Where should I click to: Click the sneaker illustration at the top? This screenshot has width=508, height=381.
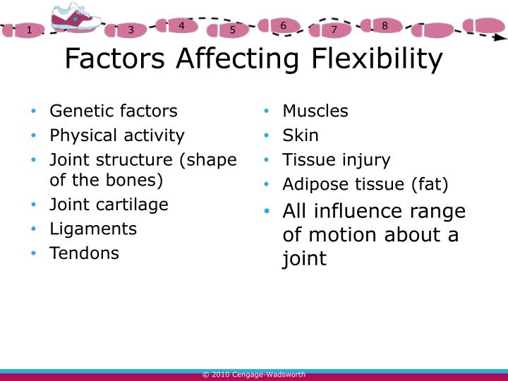click(x=75, y=18)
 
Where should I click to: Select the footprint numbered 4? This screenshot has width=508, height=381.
click(x=181, y=26)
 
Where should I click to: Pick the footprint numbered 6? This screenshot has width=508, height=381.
click(x=283, y=26)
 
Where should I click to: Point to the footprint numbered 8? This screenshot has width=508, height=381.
click(x=385, y=26)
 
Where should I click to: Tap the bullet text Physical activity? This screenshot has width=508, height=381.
click(x=116, y=135)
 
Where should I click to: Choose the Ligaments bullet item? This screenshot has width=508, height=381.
click(x=92, y=229)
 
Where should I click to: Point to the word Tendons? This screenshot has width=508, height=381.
click(x=84, y=253)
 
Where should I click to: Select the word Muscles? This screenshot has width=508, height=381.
click(x=315, y=111)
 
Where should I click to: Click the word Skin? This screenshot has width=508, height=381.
click(x=301, y=135)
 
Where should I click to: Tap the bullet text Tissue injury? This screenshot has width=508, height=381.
click(x=336, y=159)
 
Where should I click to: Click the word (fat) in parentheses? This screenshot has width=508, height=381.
click(x=428, y=184)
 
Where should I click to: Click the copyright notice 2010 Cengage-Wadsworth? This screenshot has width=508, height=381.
click(x=253, y=375)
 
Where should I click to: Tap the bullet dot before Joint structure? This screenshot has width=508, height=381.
click(x=34, y=160)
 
